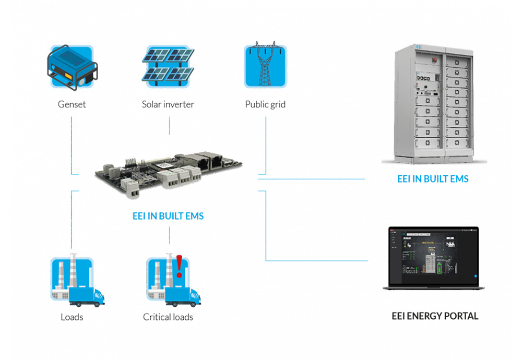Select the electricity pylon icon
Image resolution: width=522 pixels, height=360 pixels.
point(266,66)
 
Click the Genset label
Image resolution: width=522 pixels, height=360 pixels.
point(72,104)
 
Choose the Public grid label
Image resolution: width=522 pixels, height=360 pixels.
point(265,104)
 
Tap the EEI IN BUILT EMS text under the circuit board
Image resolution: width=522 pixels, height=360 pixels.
point(168,215)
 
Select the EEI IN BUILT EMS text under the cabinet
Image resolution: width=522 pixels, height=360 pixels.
point(433,179)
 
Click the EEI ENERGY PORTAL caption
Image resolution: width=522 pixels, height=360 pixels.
point(435,316)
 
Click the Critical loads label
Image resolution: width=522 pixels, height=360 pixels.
point(168,317)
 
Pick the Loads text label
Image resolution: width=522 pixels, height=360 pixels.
point(72,317)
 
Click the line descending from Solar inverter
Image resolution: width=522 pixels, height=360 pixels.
point(169,125)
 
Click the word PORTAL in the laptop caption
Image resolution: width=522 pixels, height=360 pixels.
point(462,316)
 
